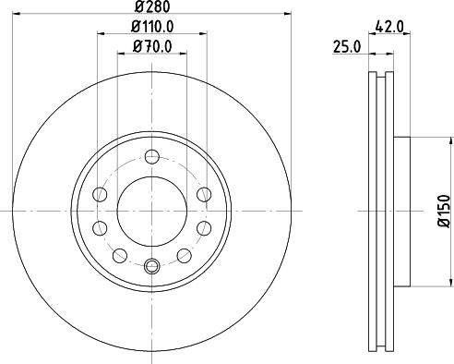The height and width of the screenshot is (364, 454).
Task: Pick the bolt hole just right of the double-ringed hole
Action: click(x=184, y=256)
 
